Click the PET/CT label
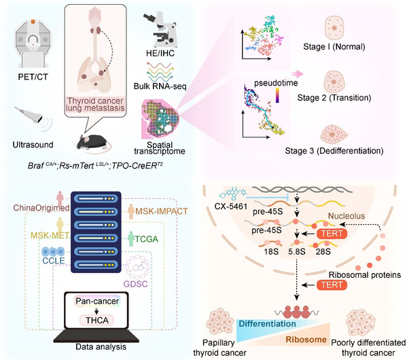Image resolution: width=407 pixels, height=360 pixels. coord(33,77)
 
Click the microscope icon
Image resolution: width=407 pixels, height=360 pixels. coord(161,30)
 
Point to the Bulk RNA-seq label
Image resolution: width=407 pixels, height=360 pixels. coord(160,86)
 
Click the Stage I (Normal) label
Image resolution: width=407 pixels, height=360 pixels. coord(334,47)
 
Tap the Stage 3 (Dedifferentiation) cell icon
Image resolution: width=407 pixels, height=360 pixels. coord(334,134)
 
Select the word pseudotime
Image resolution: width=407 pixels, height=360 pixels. coord(276,83)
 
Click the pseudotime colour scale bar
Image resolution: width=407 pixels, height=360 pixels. coord(277,95)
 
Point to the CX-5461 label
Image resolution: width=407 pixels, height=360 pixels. coord(231,206)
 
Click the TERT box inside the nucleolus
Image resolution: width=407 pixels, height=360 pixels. coord(332,234)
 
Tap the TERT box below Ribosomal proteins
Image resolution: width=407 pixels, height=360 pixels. coord(332,285)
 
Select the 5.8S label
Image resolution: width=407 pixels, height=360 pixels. coord(297,251)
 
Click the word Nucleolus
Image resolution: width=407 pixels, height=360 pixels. coord(347,216)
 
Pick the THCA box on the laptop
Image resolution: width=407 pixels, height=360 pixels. coord(97,321)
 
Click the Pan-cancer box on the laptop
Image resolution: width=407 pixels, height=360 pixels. coord(97,301)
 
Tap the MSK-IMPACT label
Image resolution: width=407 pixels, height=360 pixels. coord(162,211)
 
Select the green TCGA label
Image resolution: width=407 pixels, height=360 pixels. coord(147,239)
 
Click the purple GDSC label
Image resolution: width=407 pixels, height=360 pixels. coord(135,284)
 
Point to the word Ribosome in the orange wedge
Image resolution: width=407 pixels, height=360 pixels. coord(306,340)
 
